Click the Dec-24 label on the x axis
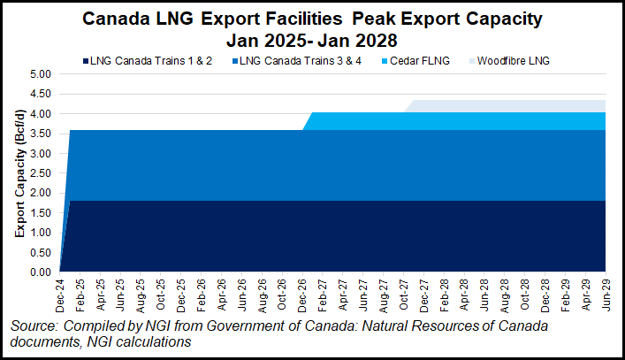pos(59,293)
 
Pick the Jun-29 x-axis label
pos(606,293)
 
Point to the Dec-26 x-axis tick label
pos(302,293)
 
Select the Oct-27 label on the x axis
pos(403,293)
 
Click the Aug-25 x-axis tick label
pos(141,293)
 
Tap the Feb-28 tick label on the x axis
pos(444,293)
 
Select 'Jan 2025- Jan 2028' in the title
pos(313,39)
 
